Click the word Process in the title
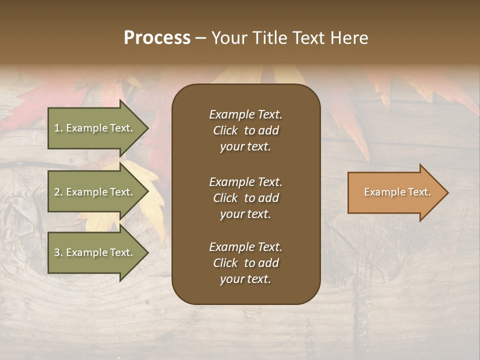click(157, 38)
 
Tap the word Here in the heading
click(348, 38)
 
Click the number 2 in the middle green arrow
click(57, 192)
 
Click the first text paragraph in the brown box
click(245, 130)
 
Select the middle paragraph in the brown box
click(245, 198)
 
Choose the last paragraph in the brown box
click(245, 263)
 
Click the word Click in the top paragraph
click(225, 130)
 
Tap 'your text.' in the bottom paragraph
click(245, 279)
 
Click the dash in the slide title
click(201, 38)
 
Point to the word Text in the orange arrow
click(419, 192)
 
